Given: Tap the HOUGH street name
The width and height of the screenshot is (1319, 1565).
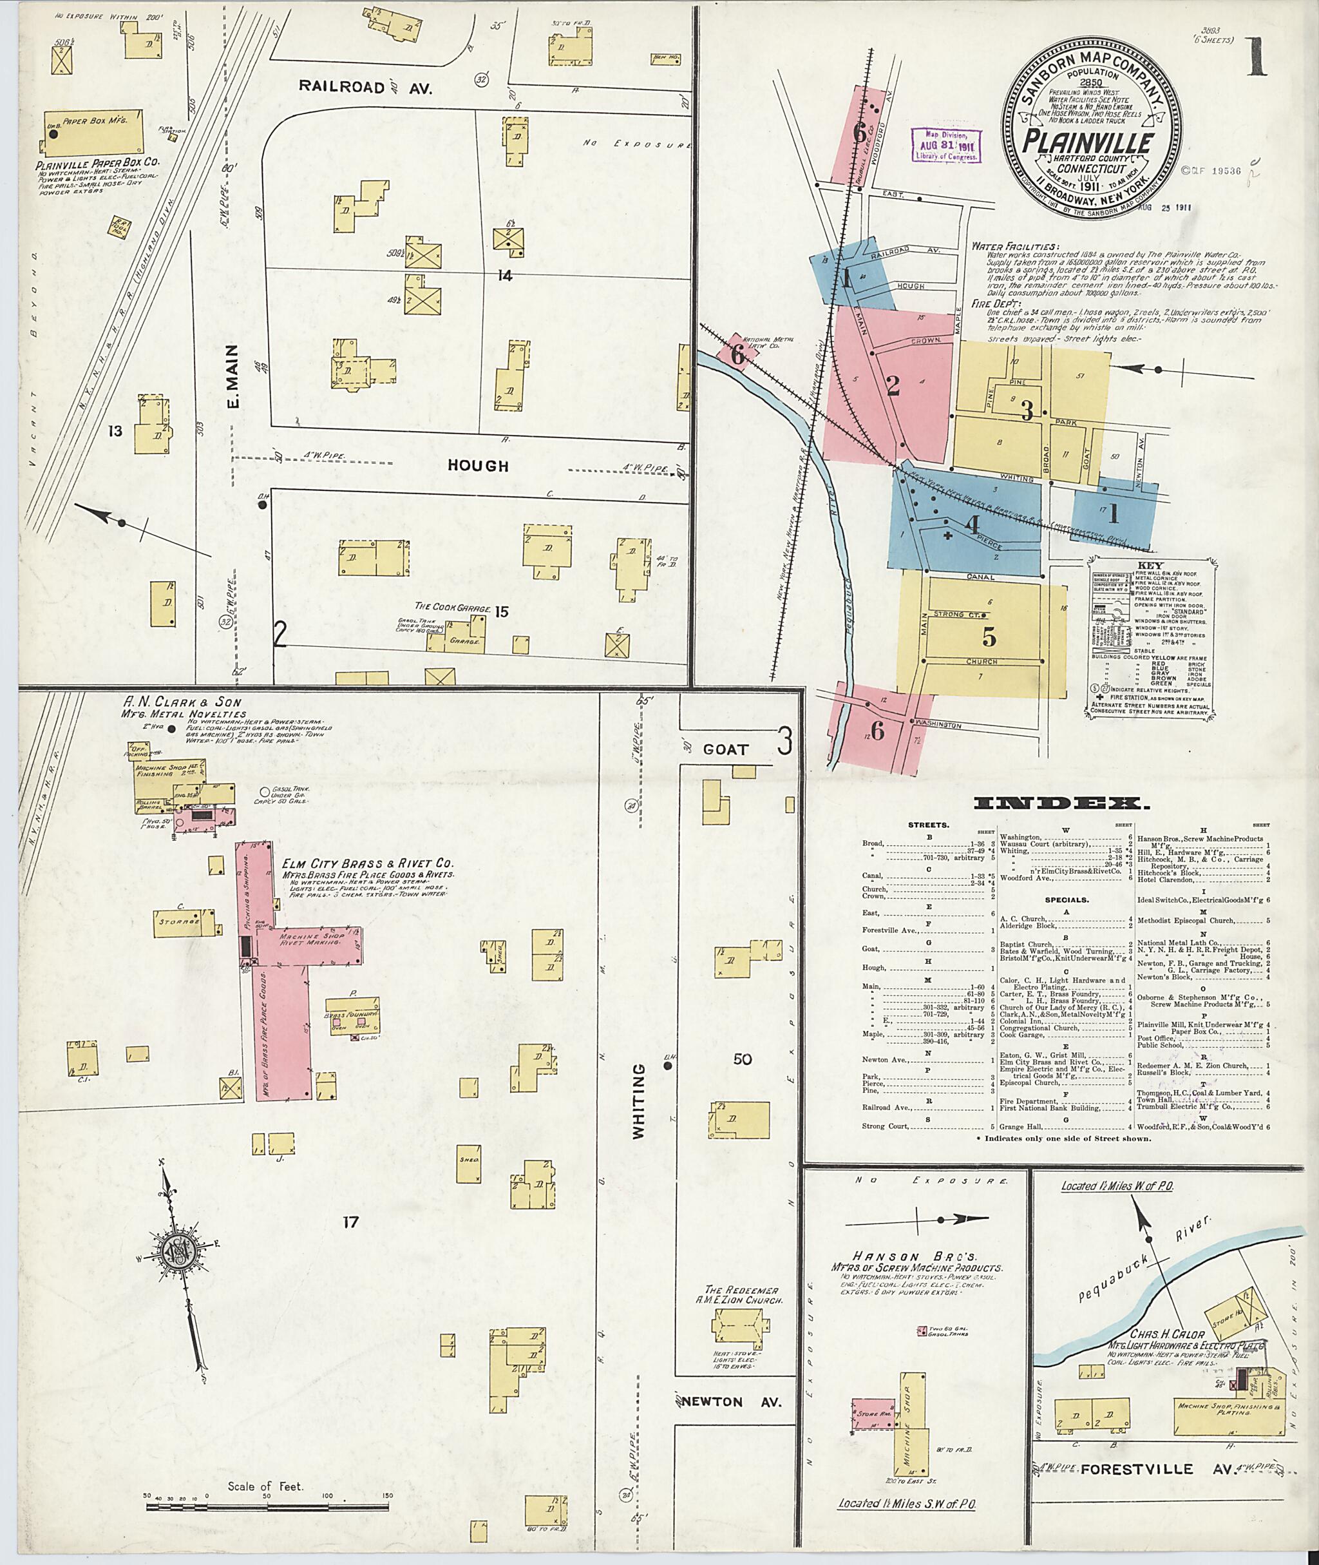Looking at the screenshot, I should [x=478, y=465].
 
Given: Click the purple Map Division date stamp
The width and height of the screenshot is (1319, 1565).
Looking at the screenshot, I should [x=946, y=144].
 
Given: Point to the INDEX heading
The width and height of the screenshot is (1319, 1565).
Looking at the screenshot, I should [x=1061, y=804].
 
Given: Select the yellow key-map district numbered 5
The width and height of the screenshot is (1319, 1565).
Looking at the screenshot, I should [x=989, y=637].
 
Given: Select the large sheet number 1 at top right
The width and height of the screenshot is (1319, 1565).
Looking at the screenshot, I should [x=1255, y=59].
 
